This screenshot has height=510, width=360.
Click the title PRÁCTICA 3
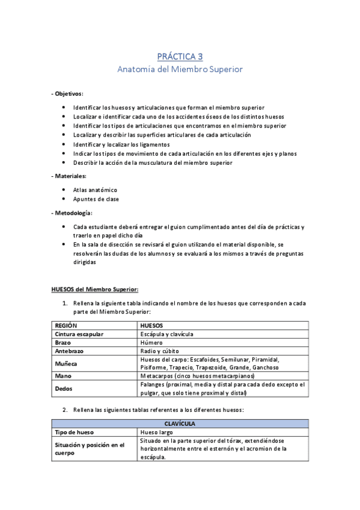coord(180,57)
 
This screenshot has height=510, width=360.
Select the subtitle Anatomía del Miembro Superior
coord(180,69)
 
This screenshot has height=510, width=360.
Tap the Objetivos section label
coord(67,94)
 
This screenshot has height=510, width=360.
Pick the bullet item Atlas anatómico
coord(95,189)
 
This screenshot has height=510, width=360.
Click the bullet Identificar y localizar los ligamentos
coord(121,144)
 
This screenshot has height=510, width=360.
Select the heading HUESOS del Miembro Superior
coord(95,289)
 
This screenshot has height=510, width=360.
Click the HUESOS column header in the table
coord(151,325)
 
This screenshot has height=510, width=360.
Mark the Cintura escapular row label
coord(79,334)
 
